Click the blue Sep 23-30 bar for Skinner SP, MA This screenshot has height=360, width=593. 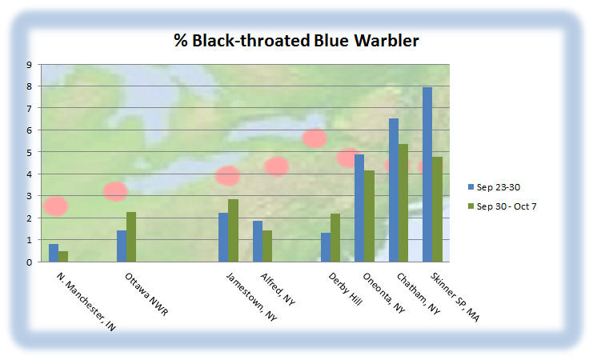[427, 174]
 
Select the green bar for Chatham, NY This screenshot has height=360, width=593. [403, 202]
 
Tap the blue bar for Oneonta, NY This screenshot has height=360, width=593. [359, 208]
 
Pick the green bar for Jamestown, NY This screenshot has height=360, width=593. [234, 230]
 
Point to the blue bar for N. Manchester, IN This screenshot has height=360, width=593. [54, 253]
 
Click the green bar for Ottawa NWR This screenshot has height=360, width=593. [131, 237]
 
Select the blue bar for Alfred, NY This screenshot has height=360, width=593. [258, 242]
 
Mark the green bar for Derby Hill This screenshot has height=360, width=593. [335, 238]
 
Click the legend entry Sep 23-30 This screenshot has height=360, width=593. [494, 187]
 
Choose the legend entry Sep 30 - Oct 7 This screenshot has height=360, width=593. [503, 206]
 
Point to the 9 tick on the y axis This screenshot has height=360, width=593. [29, 65]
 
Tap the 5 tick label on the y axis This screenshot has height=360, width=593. [29, 152]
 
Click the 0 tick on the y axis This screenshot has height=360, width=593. [29, 262]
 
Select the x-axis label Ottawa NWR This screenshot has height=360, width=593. [146, 294]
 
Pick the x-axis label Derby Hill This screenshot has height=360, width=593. [345, 289]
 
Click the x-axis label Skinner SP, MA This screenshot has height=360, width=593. [455, 297]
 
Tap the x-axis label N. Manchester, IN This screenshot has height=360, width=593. [86, 302]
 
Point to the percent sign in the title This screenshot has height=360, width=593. [181, 41]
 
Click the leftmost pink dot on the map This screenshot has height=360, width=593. [56, 206]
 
